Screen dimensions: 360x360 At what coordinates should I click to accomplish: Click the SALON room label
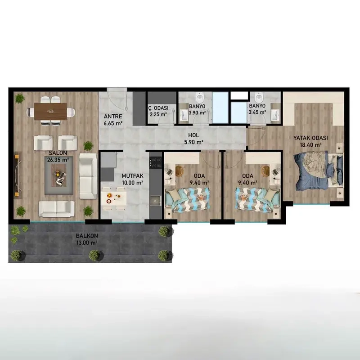point(58,153)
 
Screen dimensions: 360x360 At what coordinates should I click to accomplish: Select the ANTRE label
point(113,117)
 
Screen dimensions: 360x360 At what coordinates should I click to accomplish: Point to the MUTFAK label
point(132,176)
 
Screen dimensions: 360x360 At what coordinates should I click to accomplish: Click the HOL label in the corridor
point(193,135)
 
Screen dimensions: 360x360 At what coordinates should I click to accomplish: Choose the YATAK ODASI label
point(310,138)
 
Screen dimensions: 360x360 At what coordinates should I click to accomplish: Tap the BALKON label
point(87,236)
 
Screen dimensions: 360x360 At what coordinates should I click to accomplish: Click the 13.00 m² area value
point(87,243)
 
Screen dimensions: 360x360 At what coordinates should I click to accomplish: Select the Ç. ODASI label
point(158,108)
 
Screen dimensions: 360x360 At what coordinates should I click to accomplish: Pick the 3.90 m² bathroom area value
point(197,113)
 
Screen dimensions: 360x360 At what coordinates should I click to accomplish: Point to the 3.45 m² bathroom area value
point(257,112)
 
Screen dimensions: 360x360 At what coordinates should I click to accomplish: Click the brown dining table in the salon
point(50,112)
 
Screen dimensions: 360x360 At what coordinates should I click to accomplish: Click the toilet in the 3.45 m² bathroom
point(259,97)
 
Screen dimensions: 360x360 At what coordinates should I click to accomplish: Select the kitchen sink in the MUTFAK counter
point(156,201)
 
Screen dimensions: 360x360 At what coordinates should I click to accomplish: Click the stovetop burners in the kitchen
point(156,162)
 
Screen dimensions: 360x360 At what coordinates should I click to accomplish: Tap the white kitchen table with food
point(114,198)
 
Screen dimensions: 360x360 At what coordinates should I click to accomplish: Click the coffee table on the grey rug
point(58,175)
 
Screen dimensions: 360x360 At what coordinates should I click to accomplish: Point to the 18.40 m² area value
point(310,145)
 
